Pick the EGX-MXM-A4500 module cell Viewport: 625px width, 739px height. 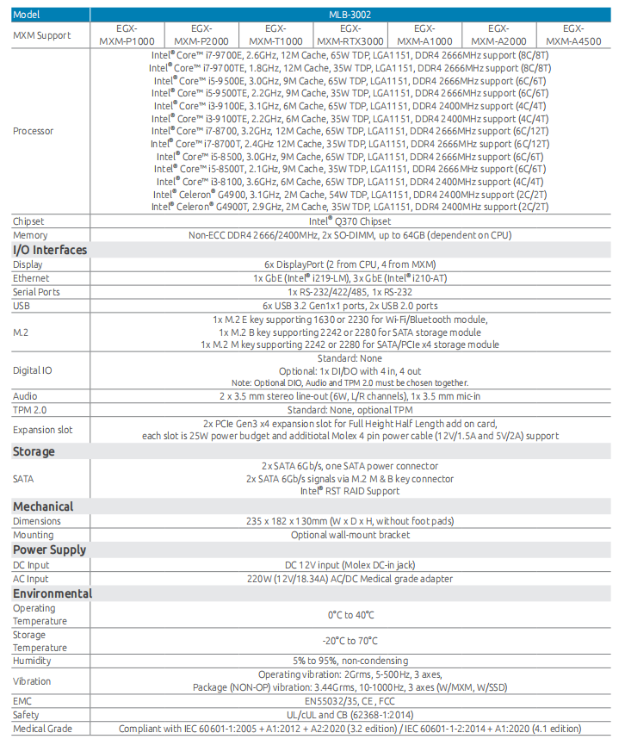click(x=573, y=34)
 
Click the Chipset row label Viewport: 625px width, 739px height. click(x=29, y=221)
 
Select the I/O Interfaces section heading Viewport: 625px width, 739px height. click(x=50, y=250)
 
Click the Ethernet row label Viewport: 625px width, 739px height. click(x=32, y=278)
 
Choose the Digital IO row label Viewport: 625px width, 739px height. click(x=33, y=370)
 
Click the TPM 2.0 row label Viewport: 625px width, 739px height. click(x=30, y=410)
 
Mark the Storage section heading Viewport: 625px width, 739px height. click(x=34, y=451)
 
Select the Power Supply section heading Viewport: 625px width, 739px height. click(x=49, y=550)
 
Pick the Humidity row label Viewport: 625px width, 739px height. click(x=32, y=661)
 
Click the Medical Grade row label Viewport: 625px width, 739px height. click(x=42, y=729)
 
